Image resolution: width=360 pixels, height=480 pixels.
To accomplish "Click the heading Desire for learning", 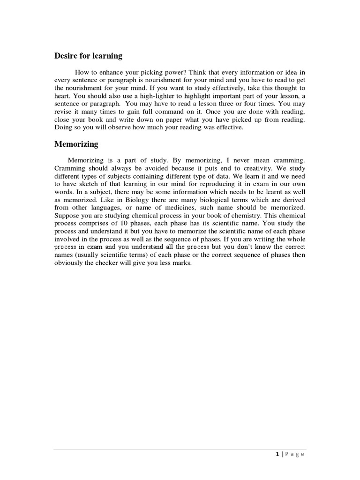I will click(x=88, y=56).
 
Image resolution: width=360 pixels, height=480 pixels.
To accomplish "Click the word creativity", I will click(x=237, y=168).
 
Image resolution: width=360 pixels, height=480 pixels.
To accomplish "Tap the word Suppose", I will click(x=67, y=216).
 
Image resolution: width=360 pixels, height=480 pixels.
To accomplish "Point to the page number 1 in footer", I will click(x=277, y=454).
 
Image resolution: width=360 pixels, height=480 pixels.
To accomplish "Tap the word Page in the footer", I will click(x=294, y=454).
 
